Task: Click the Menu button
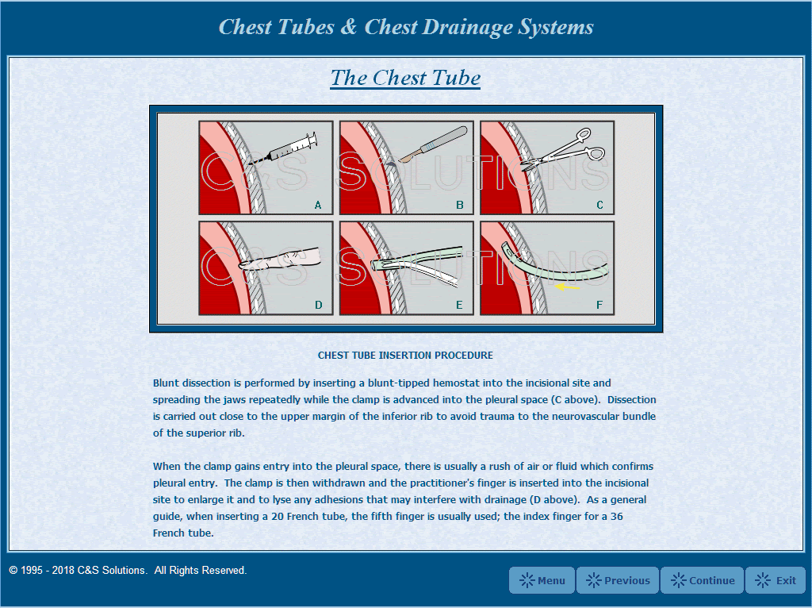[x=542, y=580]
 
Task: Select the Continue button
[x=703, y=580]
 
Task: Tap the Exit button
[x=776, y=580]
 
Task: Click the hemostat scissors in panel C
[x=562, y=149]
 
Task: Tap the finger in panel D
[x=280, y=259]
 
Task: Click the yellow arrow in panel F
[x=567, y=286]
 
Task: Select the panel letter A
[x=318, y=206]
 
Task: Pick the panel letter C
[x=599, y=206]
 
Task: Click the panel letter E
[x=459, y=306]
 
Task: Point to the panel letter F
[x=599, y=306]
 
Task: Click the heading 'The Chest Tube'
[x=405, y=78]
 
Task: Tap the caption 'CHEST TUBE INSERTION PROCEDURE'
[x=405, y=356]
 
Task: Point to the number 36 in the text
[x=617, y=516]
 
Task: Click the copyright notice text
[x=128, y=570]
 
